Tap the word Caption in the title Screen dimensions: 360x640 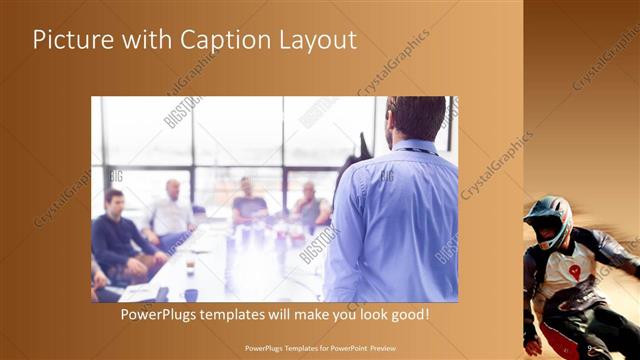[x=215, y=41]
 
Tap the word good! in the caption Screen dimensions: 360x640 [x=409, y=314]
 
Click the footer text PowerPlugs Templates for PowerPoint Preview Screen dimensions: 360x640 [x=320, y=349]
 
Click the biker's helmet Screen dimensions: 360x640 [x=549, y=217]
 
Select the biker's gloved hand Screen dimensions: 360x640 [x=534, y=345]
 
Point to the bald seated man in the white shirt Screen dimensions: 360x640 [x=172, y=212]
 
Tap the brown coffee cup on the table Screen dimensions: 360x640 [x=190, y=266]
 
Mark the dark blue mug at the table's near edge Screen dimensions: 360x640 [x=190, y=294]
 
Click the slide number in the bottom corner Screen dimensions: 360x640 [x=591, y=349]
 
